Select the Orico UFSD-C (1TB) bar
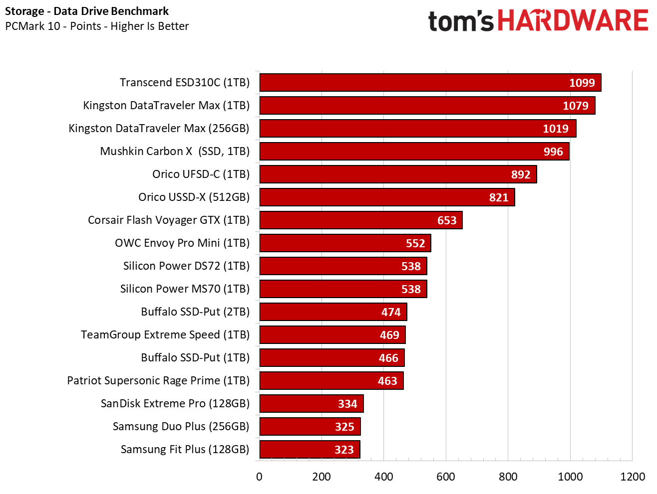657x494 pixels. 397,174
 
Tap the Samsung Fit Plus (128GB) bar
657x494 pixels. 309,450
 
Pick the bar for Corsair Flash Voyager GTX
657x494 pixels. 360,220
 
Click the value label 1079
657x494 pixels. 575,106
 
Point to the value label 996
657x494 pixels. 553,152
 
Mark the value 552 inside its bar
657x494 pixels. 415,243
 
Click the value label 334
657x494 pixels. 347,404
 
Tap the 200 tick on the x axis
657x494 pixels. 322,477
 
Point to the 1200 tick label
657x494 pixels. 632,477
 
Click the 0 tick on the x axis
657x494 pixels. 259,477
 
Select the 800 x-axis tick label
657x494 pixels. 508,477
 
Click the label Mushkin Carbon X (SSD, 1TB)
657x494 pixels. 175,152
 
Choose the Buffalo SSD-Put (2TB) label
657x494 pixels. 195,312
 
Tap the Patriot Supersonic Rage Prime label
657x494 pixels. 158,381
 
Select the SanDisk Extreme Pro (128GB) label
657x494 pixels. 175,404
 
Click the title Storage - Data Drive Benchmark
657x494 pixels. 87,11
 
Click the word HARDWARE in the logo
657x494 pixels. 573,21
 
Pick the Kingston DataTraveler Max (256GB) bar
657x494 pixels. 417,129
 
